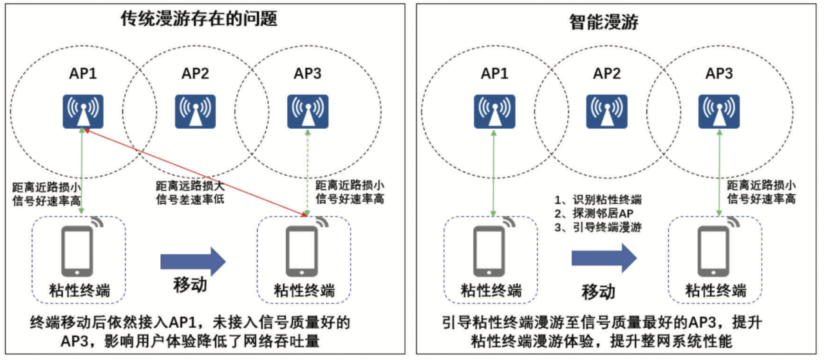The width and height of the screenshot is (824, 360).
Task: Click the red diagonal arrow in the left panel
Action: point(193,170)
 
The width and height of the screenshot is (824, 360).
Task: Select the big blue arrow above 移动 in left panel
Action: point(192,260)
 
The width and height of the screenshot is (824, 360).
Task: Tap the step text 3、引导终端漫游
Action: point(598,227)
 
